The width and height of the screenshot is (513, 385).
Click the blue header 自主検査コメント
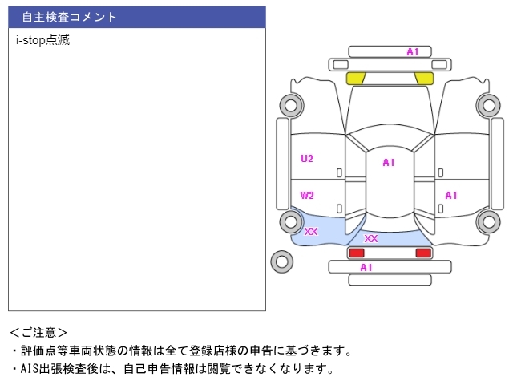136,17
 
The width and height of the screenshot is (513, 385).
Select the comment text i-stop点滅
43,39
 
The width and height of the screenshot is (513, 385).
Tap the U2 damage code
307,159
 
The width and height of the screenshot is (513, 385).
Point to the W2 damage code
307,195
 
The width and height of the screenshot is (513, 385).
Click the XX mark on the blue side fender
311,232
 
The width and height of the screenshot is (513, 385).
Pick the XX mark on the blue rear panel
371,238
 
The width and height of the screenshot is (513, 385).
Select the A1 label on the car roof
389,163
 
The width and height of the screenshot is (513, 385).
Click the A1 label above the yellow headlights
413,52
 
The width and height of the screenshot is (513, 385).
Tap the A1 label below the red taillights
366,268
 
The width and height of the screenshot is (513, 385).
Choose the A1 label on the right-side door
451,195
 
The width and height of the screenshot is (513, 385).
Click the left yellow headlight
355,78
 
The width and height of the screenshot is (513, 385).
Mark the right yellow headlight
424,78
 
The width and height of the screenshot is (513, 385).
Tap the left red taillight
356,253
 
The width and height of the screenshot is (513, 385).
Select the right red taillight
422,253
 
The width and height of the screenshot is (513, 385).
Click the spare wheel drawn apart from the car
281,261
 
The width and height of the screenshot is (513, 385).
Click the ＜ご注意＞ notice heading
38,332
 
